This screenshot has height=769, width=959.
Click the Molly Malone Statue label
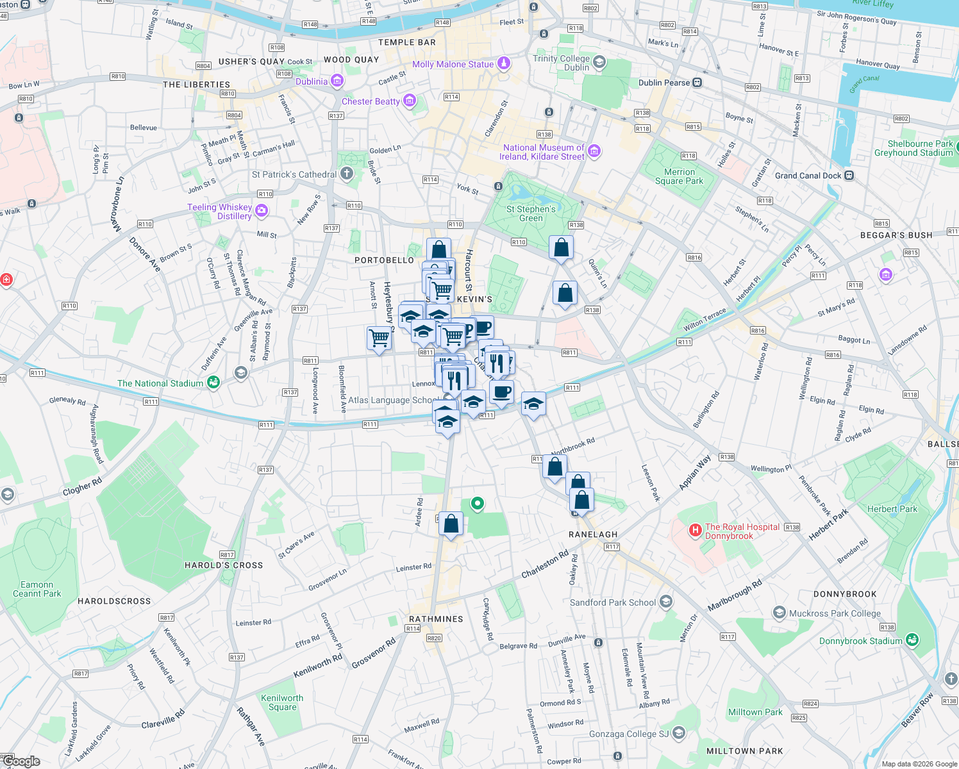[x=453, y=64]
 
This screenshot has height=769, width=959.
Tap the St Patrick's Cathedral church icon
[x=347, y=174]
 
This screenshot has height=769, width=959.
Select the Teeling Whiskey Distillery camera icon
[x=261, y=211]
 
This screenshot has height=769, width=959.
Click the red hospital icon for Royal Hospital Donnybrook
[x=695, y=530]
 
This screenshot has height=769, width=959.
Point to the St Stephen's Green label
[x=531, y=213]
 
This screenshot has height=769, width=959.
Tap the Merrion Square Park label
[x=679, y=176]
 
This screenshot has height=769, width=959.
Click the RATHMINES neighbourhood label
[x=436, y=619]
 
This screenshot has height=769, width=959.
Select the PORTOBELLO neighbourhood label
[x=384, y=260]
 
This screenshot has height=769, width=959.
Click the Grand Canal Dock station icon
[x=849, y=176]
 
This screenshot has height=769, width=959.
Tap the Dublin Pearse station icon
[x=697, y=83]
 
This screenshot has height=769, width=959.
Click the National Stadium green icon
[x=213, y=383]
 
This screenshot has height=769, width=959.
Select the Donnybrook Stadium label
[x=860, y=641]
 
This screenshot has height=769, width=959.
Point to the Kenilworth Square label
[x=282, y=702]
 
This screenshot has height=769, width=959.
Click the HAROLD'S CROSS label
[x=224, y=565]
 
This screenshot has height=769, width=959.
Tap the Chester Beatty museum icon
[x=410, y=101]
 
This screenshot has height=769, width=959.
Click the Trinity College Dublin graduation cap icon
[x=599, y=62]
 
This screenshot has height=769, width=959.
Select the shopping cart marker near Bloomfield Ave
[x=379, y=337]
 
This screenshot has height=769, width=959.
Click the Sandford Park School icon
[x=666, y=601]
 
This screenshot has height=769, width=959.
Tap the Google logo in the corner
[x=21, y=761]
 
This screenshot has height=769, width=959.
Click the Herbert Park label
[x=892, y=509]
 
